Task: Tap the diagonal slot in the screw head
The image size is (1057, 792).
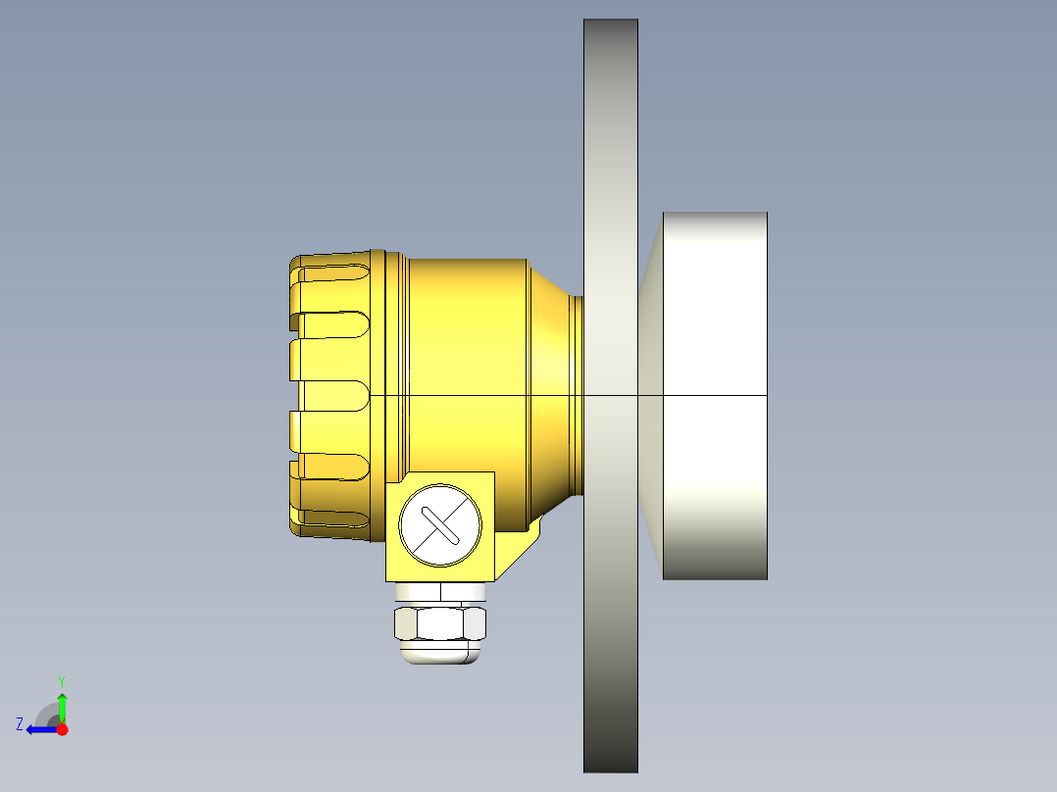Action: point(440,525)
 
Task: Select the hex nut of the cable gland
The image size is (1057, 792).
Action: point(440,623)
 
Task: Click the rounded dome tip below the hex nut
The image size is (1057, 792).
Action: point(440,654)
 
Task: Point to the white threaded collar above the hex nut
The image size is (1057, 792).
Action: point(440,592)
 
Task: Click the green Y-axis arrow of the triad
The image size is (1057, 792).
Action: point(62,706)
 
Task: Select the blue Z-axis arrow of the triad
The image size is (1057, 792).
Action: point(39,729)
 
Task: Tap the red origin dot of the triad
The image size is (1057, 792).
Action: point(62,729)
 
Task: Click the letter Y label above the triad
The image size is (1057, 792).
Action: point(61,680)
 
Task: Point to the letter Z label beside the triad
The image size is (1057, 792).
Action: point(20,724)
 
